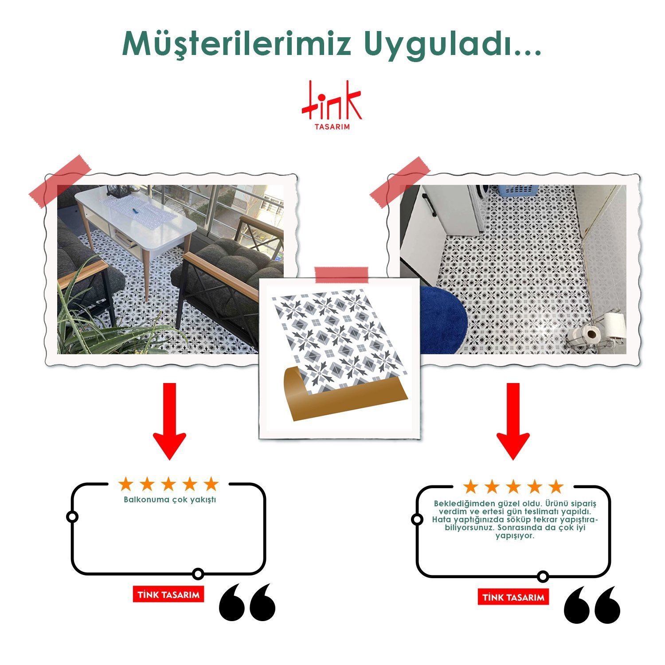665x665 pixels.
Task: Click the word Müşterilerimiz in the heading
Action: coord(237,44)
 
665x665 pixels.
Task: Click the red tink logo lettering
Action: coord(332,101)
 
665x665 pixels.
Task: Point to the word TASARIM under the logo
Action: coord(332,127)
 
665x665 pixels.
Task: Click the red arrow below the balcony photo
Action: coord(169,421)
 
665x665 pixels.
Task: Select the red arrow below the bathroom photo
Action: coord(513,421)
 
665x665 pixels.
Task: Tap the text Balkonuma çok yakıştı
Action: coord(170,500)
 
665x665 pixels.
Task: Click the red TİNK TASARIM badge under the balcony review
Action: coord(168,595)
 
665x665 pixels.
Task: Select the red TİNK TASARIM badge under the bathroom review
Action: coord(513,597)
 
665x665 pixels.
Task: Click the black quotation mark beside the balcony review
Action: coord(247,602)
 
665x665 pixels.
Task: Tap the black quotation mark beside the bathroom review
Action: coord(592,605)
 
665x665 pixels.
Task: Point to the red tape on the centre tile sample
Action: coord(341,275)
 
